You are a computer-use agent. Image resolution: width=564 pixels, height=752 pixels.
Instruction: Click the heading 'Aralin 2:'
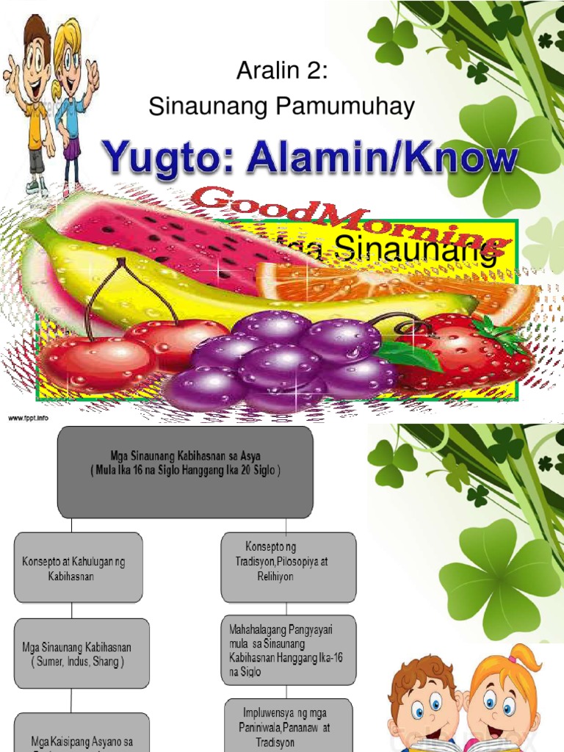(281, 73)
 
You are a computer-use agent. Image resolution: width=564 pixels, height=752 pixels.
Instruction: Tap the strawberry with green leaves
(470, 352)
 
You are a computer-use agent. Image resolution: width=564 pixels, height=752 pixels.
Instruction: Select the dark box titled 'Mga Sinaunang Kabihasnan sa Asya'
(185, 472)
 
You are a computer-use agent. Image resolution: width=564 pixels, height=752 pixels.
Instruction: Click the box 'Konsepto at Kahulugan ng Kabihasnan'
(79, 568)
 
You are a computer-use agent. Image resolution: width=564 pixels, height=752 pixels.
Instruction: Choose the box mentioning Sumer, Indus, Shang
(82, 654)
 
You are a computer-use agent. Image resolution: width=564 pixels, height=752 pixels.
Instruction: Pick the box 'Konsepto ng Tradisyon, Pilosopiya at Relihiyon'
(289, 568)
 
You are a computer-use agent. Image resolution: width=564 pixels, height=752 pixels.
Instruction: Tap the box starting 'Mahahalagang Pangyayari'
(289, 650)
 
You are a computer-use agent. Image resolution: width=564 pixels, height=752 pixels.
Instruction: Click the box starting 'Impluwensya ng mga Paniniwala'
(289, 724)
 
